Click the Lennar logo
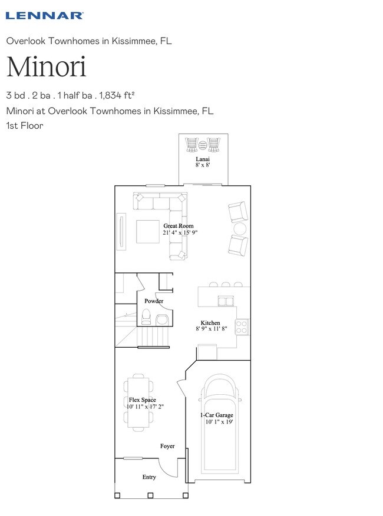[x=45, y=15]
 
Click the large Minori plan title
[x=46, y=67]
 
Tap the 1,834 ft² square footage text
[x=117, y=95]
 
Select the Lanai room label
[x=203, y=159]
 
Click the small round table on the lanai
[x=202, y=144]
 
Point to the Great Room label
[x=179, y=226]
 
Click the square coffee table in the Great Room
[x=148, y=232]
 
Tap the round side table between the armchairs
[x=240, y=228]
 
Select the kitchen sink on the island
[x=226, y=301]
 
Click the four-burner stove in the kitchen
[x=242, y=327]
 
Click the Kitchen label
[x=210, y=323]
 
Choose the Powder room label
[x=154, y=301]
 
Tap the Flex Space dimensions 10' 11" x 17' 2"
[x=145, y=407]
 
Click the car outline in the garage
[x=220, y=424]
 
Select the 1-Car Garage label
[x=217, y=415]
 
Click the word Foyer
[x=167, y=446]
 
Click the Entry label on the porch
[x=149, y=477]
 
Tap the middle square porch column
[x=150, y=495]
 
